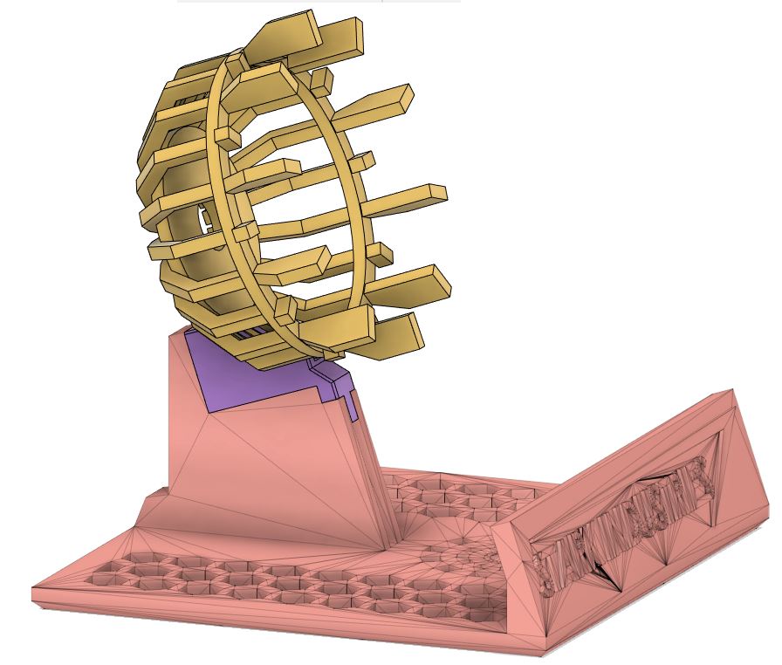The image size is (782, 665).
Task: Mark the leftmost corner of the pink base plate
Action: [x=32, y=597]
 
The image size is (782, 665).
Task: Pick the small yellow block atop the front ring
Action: [x=226, y=136]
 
